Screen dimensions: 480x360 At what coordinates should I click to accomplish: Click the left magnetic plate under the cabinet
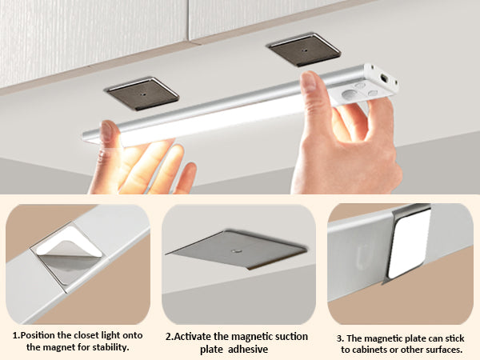point(142,94)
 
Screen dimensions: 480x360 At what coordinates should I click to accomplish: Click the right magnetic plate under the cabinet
point(305,50)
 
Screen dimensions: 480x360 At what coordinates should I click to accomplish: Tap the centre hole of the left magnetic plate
point(143,94)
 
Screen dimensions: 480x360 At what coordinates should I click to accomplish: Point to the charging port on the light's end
point(383,78)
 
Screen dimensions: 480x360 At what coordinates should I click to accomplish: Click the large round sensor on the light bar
point(350,94)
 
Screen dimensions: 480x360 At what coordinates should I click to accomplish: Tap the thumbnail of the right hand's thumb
point(308,81)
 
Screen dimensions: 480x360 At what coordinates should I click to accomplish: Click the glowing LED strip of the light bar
point(211,121)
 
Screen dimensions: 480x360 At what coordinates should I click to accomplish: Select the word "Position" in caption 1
point(38,335)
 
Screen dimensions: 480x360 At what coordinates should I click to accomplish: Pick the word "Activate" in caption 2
point(193,337)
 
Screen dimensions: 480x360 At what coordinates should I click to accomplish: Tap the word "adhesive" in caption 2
point(248,350)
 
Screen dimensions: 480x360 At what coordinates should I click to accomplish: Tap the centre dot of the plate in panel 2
point(236,251)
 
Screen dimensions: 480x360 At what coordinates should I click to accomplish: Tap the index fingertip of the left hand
point(107,126)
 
